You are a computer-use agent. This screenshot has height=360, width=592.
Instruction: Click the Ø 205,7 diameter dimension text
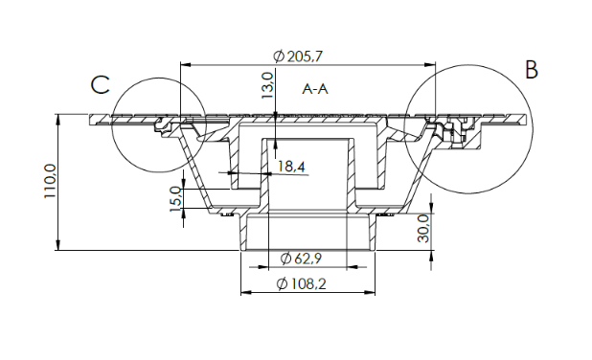click(x=298, y=56)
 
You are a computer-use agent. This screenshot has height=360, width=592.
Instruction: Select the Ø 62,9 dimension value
click(x=301, y=259)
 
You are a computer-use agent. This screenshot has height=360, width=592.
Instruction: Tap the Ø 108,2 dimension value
click(x=302, y=283)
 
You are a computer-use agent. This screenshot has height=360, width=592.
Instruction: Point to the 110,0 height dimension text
click(x=50, y=181)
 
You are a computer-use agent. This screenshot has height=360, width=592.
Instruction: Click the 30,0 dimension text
click(x=423, y=229)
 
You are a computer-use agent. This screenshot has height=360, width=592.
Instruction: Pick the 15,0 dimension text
click(x=176, y=199)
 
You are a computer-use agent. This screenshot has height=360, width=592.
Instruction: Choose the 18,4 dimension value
click(x=291, y=166)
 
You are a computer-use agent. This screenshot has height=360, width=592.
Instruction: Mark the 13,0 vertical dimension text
click(x=267, y=85)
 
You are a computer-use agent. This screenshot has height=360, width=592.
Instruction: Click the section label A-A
click(x=315, y=89)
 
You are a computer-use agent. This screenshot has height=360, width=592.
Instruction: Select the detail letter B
click(x=532, y=70)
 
